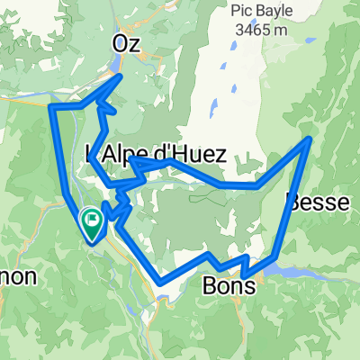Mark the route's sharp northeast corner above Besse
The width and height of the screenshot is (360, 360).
(x=311, y=139)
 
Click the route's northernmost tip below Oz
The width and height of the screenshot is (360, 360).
(x=122, y=76)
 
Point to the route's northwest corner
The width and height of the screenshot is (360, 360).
(x=51, y=106)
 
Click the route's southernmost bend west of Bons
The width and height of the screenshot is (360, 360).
(x=162, y=280)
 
